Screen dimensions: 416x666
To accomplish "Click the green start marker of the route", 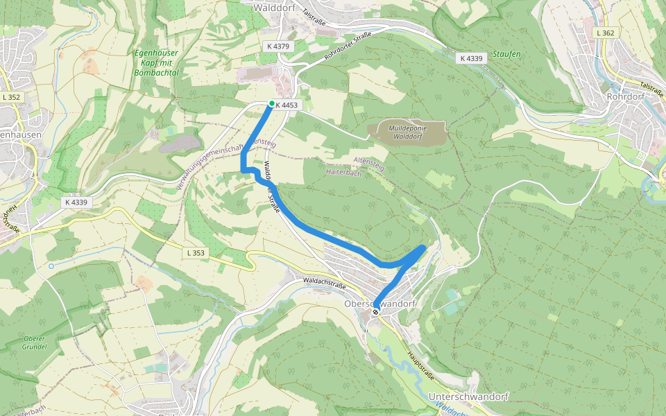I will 271,104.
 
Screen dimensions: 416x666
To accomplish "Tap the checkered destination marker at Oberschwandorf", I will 375,312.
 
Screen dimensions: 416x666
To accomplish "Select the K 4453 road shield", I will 287,105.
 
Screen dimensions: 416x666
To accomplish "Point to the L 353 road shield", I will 196,253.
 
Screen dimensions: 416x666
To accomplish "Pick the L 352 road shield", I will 11,98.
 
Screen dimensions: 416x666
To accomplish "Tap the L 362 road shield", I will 605,33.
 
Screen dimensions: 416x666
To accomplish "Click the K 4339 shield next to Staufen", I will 471,58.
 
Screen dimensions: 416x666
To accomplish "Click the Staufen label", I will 506,53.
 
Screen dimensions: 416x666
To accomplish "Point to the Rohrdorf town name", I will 625,97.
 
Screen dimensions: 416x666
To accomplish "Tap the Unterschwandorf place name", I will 469,397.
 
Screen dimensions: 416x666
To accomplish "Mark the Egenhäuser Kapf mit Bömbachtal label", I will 156,62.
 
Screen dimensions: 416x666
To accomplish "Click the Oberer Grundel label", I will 35,343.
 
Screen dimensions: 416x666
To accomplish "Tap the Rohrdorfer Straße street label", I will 348,44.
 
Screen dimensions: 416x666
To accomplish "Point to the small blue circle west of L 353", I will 51,266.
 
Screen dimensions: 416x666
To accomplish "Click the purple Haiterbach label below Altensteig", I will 345,173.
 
